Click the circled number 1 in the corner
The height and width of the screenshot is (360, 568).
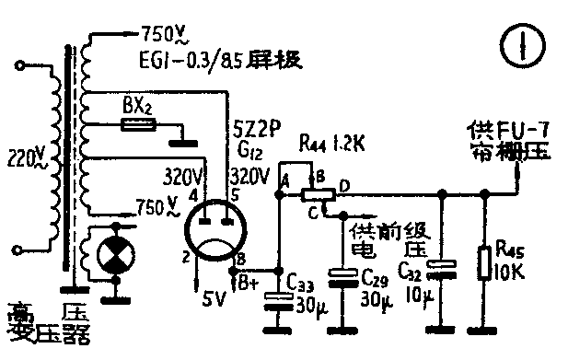pyautogui.click(x=531, y=43)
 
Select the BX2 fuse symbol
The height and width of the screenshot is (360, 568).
pyautogui.click(x=136, y=122)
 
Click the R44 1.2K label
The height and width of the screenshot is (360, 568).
pyautogui.click(x=330, y=145)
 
